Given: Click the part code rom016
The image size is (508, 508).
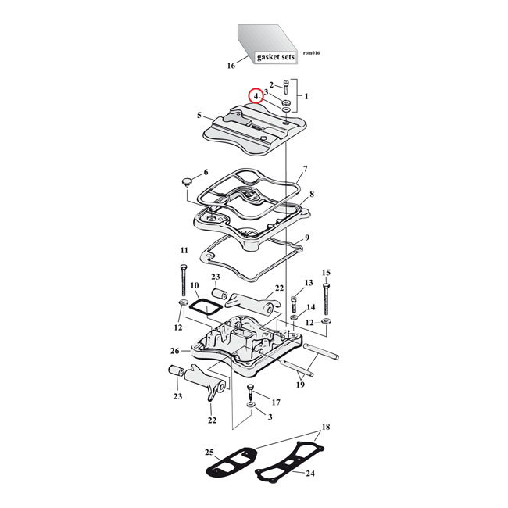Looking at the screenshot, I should pos(310,53).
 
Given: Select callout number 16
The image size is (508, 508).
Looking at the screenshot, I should pos(231,66).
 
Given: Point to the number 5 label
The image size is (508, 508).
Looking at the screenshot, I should pos(200,116).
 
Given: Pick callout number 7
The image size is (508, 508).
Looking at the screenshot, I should pos(306,169).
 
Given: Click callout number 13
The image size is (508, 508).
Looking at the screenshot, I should pos(308,282).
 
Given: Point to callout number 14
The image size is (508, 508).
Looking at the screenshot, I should pos(311,307).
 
